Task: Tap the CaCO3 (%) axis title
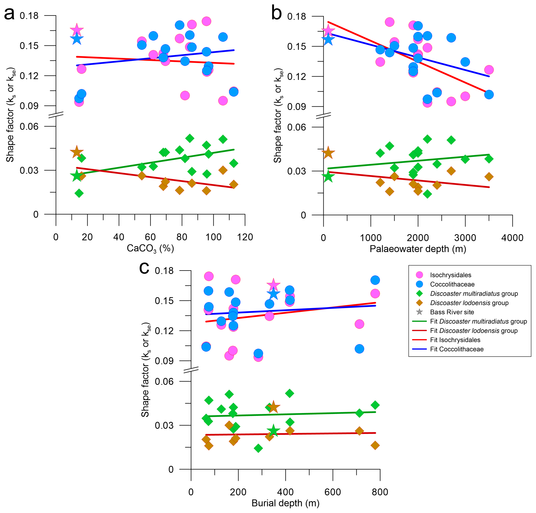(150, 248)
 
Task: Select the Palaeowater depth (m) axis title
(418, 249)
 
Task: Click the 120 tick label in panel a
(245, 237)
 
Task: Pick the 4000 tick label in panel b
(512, 238)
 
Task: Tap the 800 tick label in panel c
(380, 492)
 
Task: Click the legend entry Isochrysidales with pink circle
(450, 275)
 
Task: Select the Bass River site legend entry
(452, 312)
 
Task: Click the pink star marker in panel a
(77, 30)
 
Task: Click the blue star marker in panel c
(273, 294)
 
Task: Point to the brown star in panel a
(77, 152)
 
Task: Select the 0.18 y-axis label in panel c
(164, 271)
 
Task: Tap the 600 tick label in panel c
(333, 492)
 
